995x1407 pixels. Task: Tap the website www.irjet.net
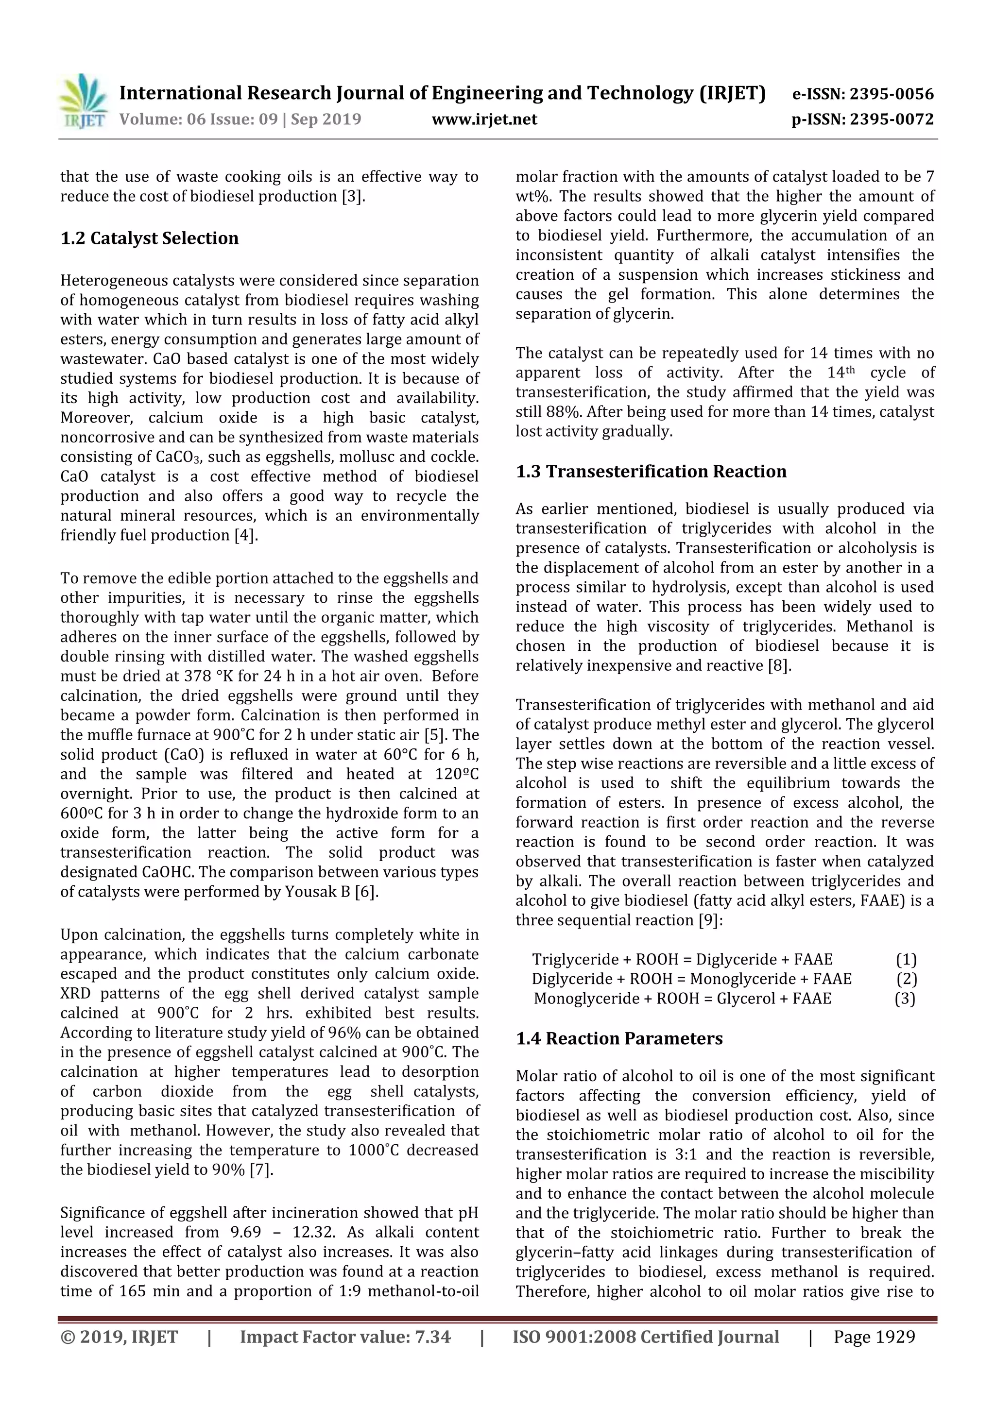[484, 119]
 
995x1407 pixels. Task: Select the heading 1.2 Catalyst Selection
[149, 238]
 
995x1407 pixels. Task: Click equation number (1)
[906, 959]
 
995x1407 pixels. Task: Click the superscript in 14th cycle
[848, 370]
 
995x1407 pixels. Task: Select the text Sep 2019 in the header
[326, 119]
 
